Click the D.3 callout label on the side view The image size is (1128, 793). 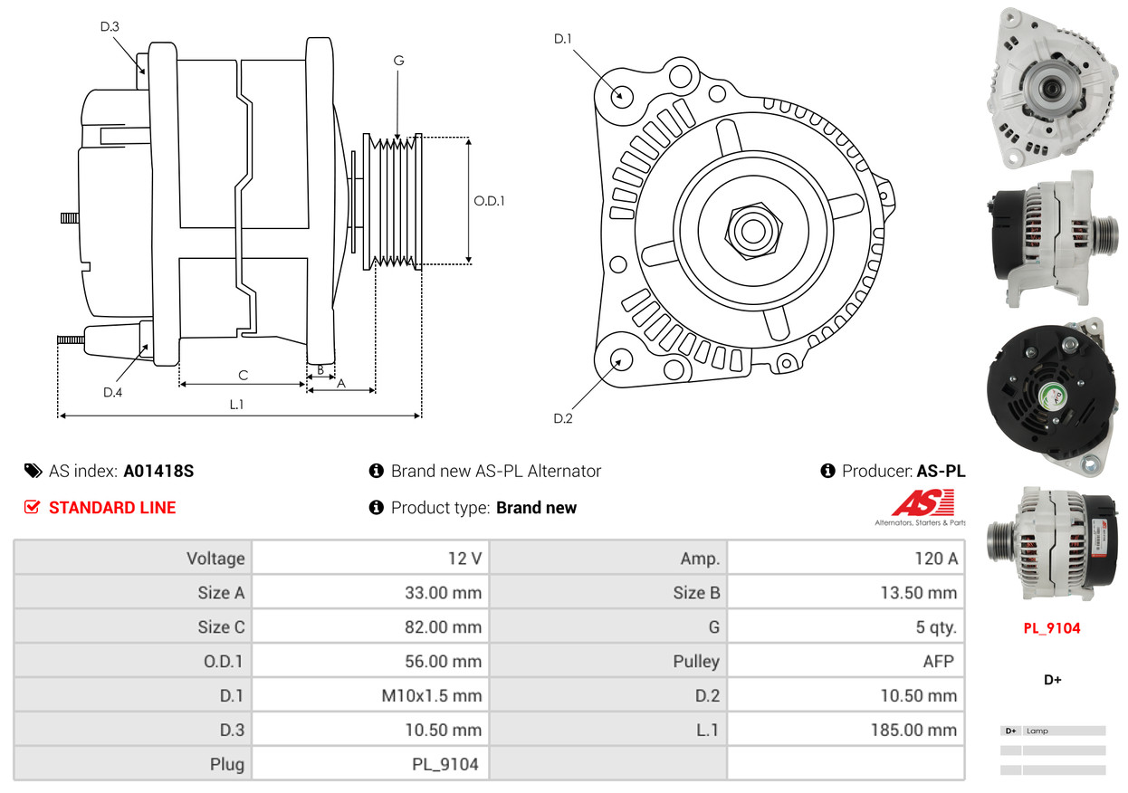110,26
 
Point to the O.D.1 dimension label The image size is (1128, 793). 489,201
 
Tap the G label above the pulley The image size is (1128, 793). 398,61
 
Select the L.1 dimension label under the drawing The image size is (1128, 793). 236,405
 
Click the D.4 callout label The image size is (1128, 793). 112,392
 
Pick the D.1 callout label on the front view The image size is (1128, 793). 562,39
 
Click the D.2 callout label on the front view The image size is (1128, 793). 562,418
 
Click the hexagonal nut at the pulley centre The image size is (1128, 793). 753,231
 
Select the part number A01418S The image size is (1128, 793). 158,472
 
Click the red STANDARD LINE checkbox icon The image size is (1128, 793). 32,507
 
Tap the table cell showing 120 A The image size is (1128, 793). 846,559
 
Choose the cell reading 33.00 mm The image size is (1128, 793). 370,593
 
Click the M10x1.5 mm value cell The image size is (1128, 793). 370,695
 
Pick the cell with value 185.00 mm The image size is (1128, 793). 846,730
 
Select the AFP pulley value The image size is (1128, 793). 938,661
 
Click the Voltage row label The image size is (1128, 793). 215,559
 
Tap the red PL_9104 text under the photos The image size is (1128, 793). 1051,628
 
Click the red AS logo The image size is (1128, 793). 922,502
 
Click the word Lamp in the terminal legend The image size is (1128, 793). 1037,731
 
